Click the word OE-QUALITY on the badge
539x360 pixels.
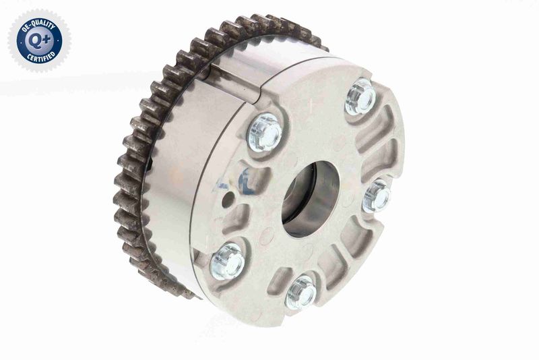click(38, 26)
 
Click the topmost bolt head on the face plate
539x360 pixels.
click(360, 97)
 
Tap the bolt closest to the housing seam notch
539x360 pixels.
click(265, 133)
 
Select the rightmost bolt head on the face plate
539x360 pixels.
click(377, 196)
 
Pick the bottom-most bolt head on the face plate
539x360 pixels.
click(300, 293)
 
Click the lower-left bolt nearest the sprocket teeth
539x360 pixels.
click(226, 261)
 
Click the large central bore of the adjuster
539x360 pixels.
click(310, 199)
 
